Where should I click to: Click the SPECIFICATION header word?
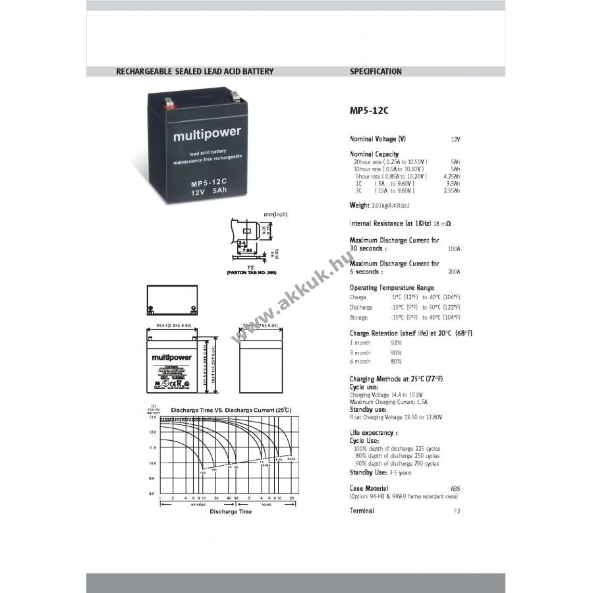[376, 71]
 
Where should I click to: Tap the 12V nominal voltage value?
[455, 140]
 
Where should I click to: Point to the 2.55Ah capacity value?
[452, 190]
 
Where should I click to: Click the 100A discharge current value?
[454, 249]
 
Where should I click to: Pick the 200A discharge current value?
[454, 271]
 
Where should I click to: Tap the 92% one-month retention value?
[396, 343]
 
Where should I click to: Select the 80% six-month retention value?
[396, 361]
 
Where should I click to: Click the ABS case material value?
[455, 488]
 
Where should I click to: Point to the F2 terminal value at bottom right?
[457, 511]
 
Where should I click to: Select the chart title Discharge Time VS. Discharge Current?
[231, 410]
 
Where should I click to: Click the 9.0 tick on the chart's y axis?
[152, 478]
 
